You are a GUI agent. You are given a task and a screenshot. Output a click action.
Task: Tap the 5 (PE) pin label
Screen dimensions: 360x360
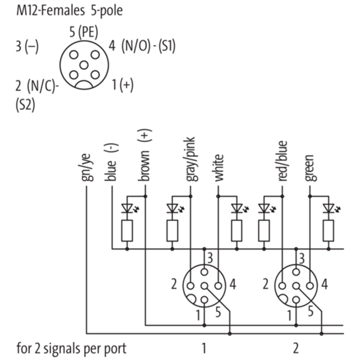tap(84, 32)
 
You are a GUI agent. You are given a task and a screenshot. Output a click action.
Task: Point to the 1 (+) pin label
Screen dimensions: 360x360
tap(122, 84)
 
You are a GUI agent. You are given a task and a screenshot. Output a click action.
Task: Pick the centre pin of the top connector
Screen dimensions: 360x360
tap(84, 64)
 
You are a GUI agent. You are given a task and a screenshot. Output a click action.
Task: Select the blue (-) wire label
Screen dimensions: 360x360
tap(111, 162)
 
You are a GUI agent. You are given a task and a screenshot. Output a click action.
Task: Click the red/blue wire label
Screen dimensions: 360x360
tap(283, 161)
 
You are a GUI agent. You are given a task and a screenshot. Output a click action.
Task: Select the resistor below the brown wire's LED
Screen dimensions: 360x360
tap(127, 231)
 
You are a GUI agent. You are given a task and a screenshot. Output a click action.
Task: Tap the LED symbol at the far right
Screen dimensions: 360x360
tap(329, 208)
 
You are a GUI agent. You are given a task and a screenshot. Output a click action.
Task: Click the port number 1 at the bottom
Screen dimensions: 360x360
tap(204, 348)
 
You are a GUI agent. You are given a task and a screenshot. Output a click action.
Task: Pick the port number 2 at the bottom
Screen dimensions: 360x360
tap(296, 348)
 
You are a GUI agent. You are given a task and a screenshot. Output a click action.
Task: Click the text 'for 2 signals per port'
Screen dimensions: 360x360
tap(72, 348)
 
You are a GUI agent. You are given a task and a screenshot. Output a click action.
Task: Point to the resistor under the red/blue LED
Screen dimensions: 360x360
tap(264, 231)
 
